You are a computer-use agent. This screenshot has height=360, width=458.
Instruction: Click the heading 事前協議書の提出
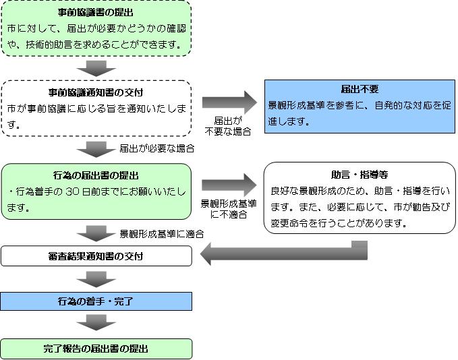point(96,13)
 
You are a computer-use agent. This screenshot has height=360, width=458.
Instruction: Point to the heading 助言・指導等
point(360,173)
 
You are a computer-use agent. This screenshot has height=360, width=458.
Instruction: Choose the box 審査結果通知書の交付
point(96,256)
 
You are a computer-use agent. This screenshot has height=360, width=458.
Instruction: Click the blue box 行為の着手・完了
point(96,301)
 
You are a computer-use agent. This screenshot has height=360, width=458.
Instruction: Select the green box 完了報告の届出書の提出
point(96,349)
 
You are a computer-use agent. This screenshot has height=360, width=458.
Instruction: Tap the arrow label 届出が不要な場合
point(228,126)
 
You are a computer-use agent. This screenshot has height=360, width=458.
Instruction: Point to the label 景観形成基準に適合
point(162,234)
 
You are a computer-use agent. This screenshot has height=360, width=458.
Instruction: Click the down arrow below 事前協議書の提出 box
point(96,67)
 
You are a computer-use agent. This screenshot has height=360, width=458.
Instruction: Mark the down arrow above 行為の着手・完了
point(96,279)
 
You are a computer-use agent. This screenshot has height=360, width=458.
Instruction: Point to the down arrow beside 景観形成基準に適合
point(96,233)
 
